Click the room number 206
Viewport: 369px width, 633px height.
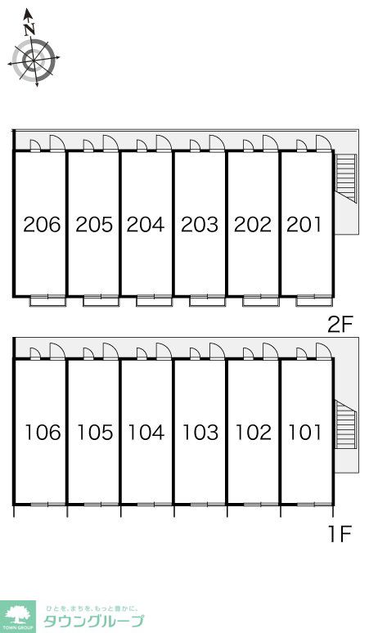[x=42, y=224]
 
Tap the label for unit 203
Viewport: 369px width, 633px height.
[x=200, y=224]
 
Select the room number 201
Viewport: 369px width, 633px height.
[x=304, y=224]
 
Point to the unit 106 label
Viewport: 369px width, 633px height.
[x=43, y=433]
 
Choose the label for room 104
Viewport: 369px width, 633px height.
[x=146, y=433]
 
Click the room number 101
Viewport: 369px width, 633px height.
[x=305, y=433]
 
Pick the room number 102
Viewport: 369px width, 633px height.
[x=253, y=433]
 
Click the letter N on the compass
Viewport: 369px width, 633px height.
[x=29, y=29]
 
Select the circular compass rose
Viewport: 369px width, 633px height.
[x=34, y=60]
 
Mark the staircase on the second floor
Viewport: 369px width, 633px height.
[x=346, y=178]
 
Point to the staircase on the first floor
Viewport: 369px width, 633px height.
[x=346, y=424]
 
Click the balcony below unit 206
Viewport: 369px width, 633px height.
[x=48, y=301]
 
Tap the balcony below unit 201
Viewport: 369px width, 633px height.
[x=313, y=301]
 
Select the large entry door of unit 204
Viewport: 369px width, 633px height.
[x=164, y=143]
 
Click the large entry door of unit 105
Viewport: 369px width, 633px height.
[x=110, y=351]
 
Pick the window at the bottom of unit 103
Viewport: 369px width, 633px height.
[x=208, y=505]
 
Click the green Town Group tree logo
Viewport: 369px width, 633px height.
[x=18, y=617]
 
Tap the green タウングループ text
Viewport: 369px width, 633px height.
[x=93, y=621]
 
